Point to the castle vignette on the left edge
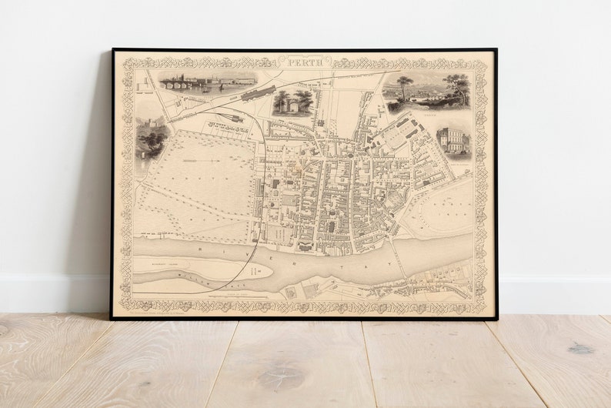click(151, 141)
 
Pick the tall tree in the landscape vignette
click(405, 85)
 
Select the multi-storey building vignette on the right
click(452, 141)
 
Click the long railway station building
click(258, 94)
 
